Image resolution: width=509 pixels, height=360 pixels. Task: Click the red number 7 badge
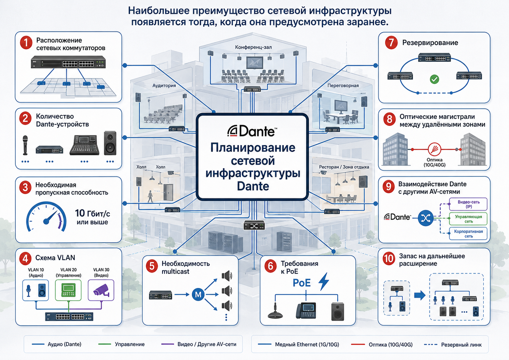391,42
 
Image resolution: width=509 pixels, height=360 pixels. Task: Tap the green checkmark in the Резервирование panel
435,79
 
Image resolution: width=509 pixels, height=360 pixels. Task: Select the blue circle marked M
198,294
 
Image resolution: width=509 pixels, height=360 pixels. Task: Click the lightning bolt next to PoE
324,282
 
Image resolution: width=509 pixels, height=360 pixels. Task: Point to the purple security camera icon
101,290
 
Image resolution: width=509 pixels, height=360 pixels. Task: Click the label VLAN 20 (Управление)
68,273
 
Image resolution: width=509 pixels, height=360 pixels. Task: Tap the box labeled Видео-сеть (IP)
468,204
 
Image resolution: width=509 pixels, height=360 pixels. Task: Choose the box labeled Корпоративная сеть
468,234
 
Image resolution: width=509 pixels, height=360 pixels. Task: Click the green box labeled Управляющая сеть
468,219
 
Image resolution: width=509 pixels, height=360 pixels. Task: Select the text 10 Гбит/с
93,213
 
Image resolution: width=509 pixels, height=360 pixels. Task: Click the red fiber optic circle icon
435,149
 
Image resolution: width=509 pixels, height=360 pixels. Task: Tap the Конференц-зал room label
253,47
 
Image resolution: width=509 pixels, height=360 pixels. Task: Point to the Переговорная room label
343,85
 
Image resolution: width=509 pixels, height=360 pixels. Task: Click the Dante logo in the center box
252,131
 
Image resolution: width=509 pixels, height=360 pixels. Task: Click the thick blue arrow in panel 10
420,296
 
